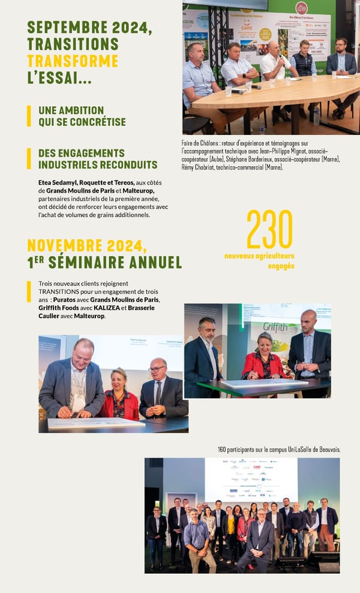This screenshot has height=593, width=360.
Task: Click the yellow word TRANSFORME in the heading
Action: coord(73,61)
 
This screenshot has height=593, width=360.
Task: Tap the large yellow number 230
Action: coord(269,229)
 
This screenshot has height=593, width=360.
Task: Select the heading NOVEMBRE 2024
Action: coord(87,246)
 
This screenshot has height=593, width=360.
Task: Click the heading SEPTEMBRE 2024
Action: coord(89,28)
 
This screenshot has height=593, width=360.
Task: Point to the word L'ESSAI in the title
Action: coord(59,77)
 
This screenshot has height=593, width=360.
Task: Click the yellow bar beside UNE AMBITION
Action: coord(29,116)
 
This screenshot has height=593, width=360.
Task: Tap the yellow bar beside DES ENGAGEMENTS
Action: coord(29,159)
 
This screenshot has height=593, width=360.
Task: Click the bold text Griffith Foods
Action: coord(61,308)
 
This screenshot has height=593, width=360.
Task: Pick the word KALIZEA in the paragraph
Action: coord(108,308)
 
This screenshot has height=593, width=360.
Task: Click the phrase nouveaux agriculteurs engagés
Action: coord(260,260)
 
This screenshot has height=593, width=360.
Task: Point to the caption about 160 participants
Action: coord(279,449)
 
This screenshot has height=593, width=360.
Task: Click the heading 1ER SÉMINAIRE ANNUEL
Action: coord(104,263)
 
